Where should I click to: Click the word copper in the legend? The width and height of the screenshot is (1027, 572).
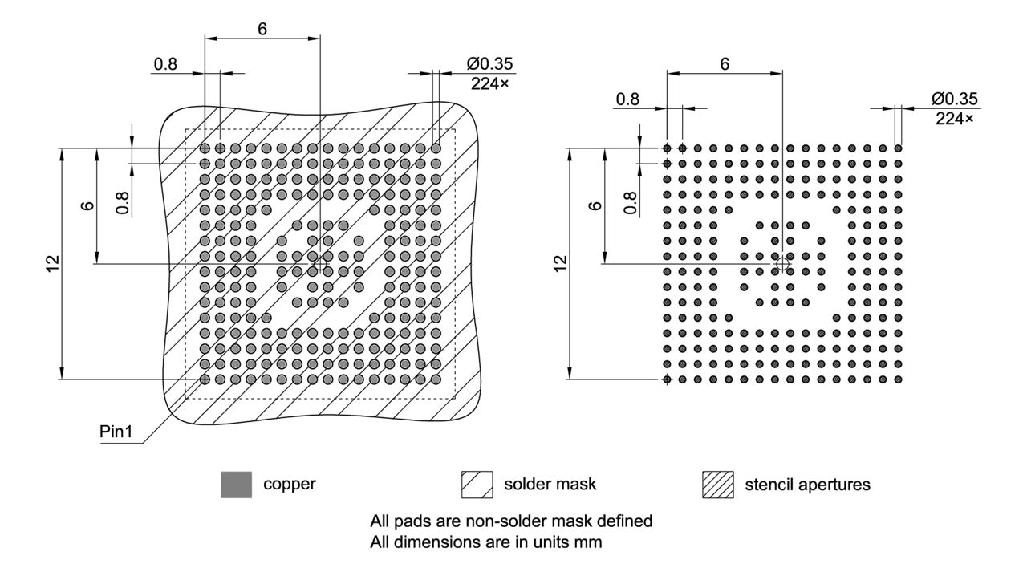point(286,485)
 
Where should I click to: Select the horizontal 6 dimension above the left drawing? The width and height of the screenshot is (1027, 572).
point(262,29)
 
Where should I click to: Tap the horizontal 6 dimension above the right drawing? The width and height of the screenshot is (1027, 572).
point(725,64)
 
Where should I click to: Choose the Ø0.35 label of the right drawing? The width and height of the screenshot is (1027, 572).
point(955,99)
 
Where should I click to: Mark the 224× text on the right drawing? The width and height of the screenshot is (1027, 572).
point(955,118)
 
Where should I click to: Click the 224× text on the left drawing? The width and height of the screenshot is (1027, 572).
point(489,83)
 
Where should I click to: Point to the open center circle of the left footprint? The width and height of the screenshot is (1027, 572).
point(320,263)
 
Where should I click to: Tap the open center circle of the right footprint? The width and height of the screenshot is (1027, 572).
point(782,263)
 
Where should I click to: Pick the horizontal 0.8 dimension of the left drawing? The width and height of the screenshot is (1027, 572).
point(165,64)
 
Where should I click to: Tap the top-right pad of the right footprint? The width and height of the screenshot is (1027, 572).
point(898,148)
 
